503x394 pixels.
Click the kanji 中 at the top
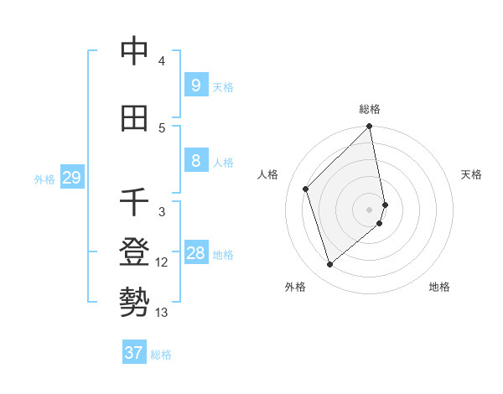pos(134,53)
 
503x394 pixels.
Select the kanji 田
pos(134,120)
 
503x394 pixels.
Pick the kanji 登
pos(134,252)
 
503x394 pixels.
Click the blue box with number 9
pos(195,85)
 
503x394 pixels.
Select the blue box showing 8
pos(195,161)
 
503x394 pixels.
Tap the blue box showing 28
pos(195,253)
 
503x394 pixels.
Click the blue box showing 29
pos(71,178)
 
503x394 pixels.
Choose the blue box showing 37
pos(134,353)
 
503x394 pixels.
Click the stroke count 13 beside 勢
pos(162,313)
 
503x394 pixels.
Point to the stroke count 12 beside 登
pos(162,262)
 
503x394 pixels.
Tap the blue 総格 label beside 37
pos(161,355)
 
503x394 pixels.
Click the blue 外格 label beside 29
pos(44,179)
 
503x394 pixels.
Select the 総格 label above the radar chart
pos(370,109)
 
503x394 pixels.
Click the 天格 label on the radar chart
pos(472,174)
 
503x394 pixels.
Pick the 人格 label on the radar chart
pos(268,174)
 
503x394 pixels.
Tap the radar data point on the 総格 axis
pos(370,127)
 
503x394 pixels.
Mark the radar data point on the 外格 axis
pos(329,264)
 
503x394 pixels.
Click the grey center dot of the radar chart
pos(370,209)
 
